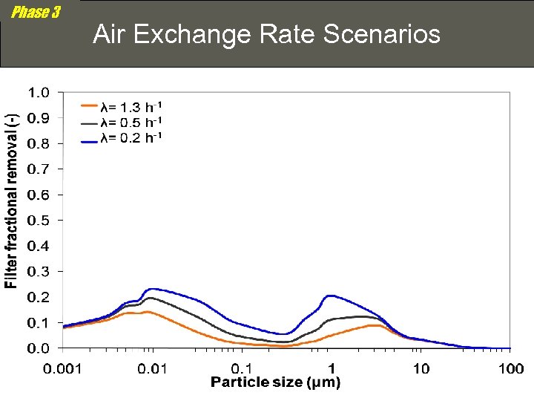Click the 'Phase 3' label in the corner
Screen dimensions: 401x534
click(x=36, y=13)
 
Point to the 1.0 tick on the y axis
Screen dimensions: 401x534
click(x=39, y=93)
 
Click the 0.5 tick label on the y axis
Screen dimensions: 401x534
click(x=39, y=221)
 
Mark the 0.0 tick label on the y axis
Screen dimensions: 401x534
click(x=39, y=348)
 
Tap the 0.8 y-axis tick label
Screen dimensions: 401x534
click(x=39, y=144)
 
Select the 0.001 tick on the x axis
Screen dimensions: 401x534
click(x=63, y=368)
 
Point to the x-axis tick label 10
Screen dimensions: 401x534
click(x=421, y=368)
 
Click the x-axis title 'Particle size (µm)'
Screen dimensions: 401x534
click(x=275, y=383)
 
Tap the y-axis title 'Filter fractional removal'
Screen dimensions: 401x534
click(x=11, y=200)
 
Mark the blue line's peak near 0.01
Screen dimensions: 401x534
click(x=152, y=289)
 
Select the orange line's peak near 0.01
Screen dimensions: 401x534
click(x=147, y=312)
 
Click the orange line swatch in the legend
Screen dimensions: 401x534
click(x=90, y=107)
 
